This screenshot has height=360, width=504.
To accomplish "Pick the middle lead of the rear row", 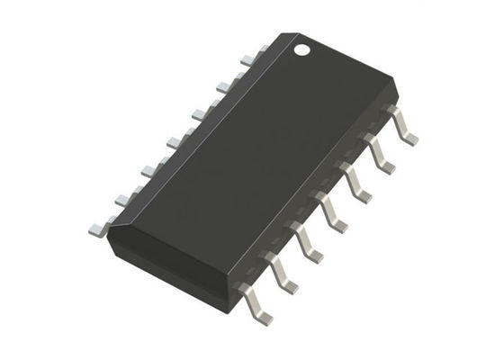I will [198, 114].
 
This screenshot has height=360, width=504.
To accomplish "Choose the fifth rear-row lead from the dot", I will [174, 142].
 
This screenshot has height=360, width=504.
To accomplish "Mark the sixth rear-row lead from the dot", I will [148, 171].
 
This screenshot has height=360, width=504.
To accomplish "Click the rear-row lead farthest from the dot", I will [121, 200].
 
